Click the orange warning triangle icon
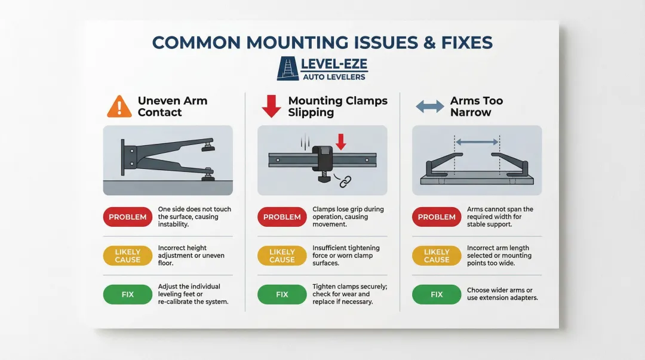pyautogui.click(x=119, y=107)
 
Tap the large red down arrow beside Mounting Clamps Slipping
pyautogui.click(x=272, y=106)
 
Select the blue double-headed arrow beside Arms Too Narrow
pyautogui.click(x=429, y=107)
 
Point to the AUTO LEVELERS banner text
pyautogui.click(x=334, y=77)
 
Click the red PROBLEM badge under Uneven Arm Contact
pyautogui.click(x=128, y=217)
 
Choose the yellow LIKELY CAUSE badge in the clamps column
pyautogui.click(x=282, y=256)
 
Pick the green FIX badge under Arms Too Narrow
pyautogui.click(x=437, y=294)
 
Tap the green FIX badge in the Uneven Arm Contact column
pyautogui.click(x=128, y=294)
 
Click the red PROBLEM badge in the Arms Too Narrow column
pyautogui.click(x=437, y=217)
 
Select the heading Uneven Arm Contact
pyautogui.click(x=172, y=106)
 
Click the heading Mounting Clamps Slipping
pyautogui.click(x=337, y=106)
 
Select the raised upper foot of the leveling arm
pyautogui.click(x=208, y=144)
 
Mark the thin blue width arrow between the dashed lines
pyautogui.click(x=477, y=142)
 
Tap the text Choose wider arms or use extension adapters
pyautogui.click(x=502, y=294)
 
